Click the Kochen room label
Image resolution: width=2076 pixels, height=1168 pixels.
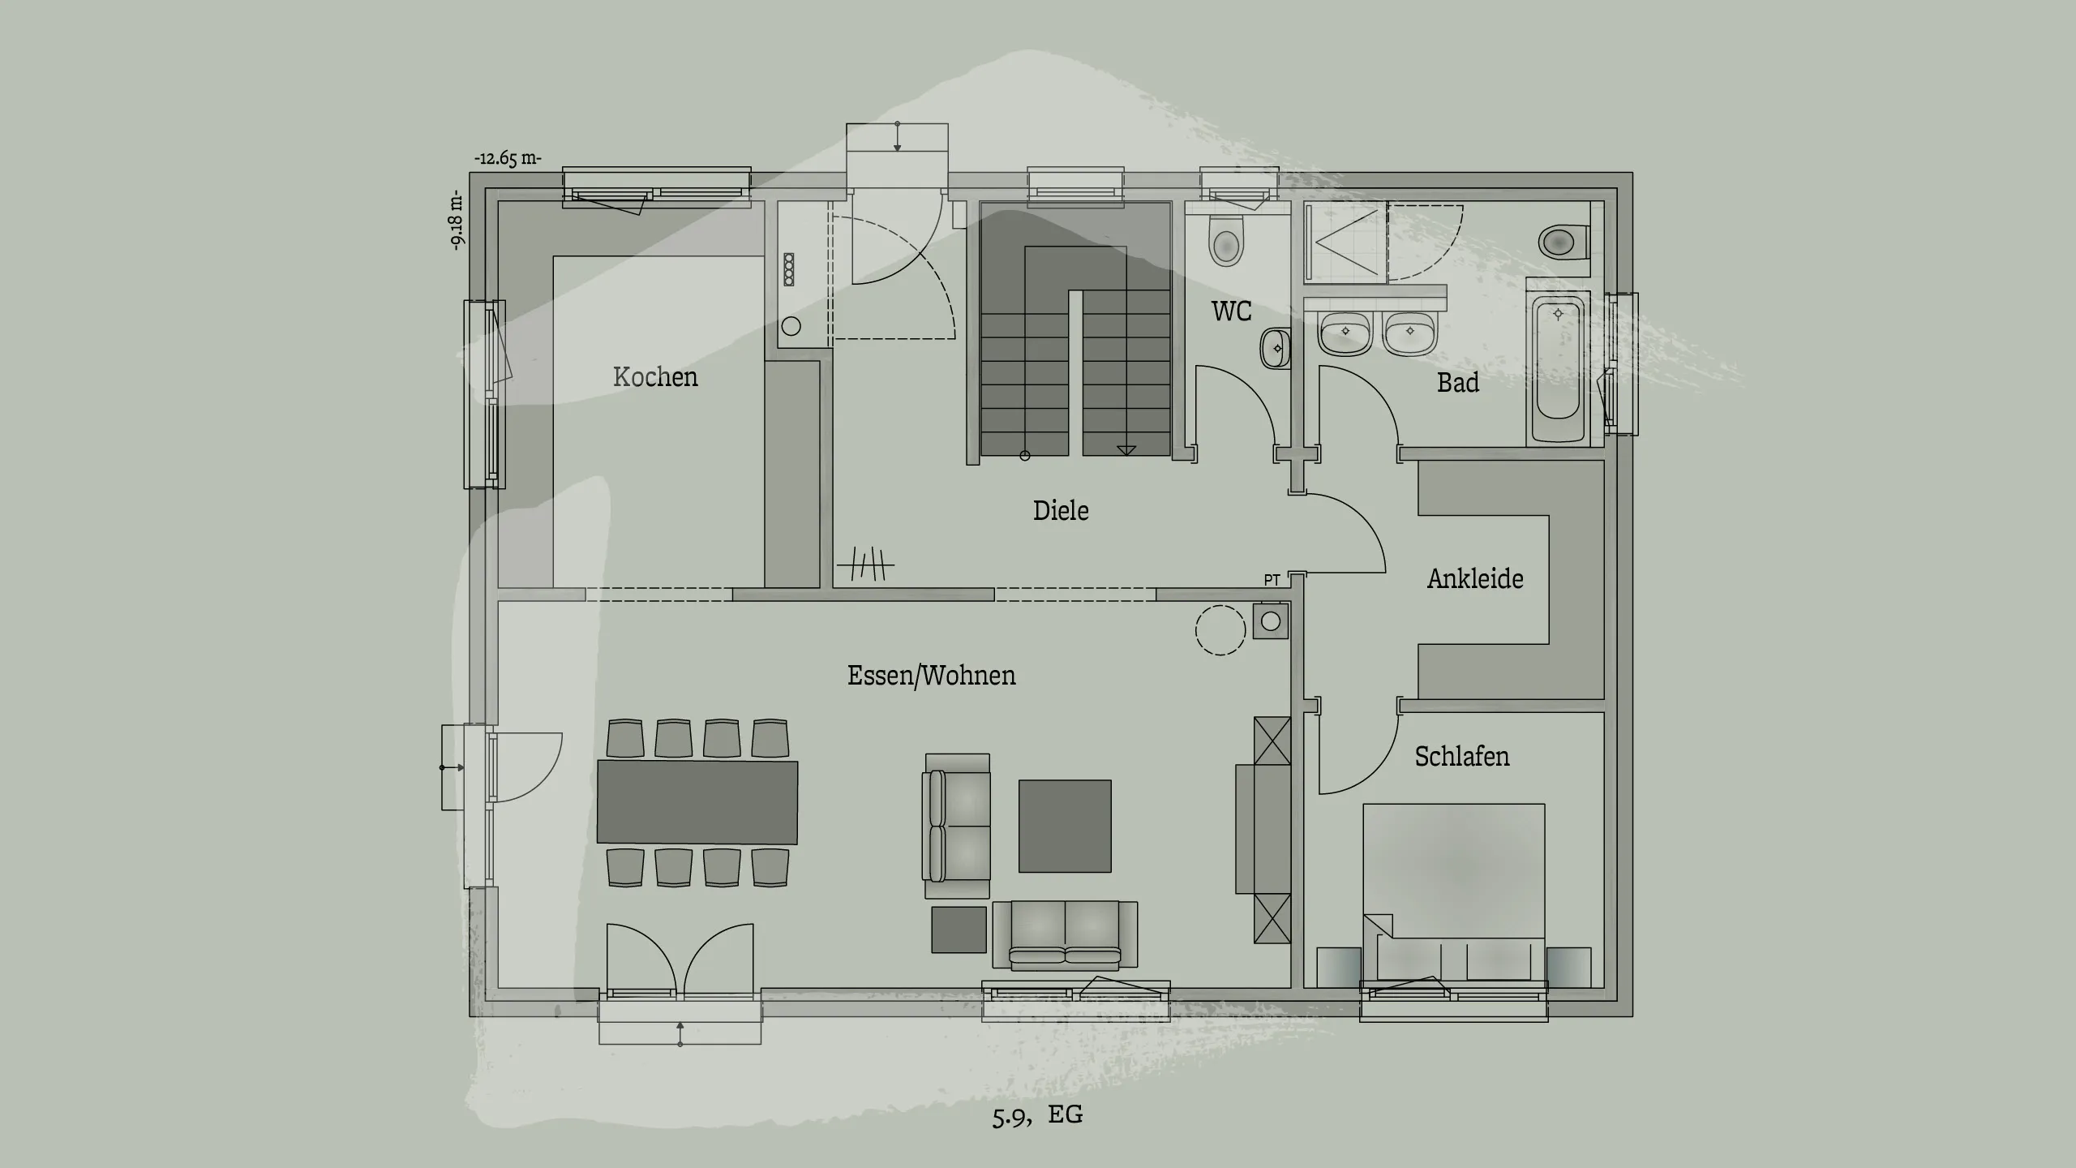point(655,377)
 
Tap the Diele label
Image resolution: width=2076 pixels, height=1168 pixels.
point(1061,511)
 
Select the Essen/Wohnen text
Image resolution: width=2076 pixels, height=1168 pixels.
point(931,676)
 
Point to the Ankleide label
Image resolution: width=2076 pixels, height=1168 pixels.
point(1475,579)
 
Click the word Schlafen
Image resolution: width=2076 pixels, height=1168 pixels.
point(1462,757)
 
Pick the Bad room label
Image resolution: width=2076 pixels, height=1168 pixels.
point(1457,383)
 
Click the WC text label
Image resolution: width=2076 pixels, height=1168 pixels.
point(1231,311)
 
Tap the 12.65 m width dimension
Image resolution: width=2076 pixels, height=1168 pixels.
point(508,158)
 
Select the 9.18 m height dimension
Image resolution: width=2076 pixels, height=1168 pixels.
point(458,220)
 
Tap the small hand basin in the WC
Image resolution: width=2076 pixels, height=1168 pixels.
point(1274,349)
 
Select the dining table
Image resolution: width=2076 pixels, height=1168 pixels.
point(697,802)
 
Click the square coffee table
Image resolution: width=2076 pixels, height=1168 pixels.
point(1065,827)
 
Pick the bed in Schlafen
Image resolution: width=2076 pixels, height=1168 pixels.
point(1453,892)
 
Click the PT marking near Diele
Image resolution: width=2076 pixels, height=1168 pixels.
point(1272,580)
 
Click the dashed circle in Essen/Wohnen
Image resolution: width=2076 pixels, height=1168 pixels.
point(1220,630)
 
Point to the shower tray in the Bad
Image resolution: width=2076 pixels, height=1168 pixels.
point(1346,241)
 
